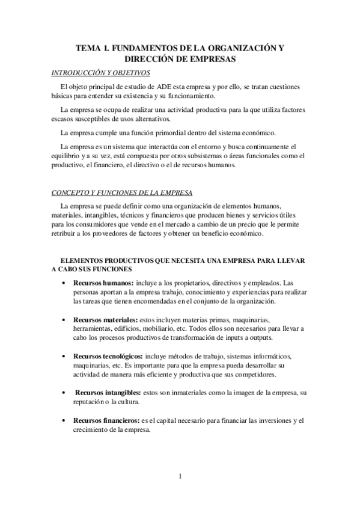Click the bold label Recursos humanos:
pyautogui.click(x=103, y=283)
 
